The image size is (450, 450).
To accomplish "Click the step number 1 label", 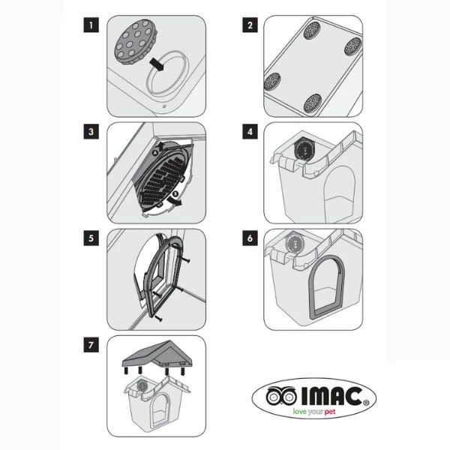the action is click(x=91, y=25).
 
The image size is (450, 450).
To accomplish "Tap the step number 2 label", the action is click(x=250, y=25).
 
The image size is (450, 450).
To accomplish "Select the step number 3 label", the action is click(x=91, y=132).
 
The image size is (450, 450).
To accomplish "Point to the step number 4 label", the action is click(x=250, y=132).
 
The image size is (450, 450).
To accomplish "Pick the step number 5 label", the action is click(x=91, y=238).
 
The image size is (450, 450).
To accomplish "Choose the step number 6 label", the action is click(x=250, y=238).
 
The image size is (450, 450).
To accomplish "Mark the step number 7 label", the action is click(x=91, y=345).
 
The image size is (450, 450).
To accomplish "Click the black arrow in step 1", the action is click(x=157, y=64).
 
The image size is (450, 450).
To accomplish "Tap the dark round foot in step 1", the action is click(x=136, y=41).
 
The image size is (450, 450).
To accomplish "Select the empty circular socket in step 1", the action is click(x=148, y=83).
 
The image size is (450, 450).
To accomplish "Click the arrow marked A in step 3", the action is click(x=161, y=146).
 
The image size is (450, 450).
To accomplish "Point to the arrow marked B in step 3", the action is click(x=175, y=201).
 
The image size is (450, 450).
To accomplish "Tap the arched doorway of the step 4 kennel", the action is click(x=340, y=193).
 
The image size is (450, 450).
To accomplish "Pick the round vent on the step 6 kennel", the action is click(x=294, y=244).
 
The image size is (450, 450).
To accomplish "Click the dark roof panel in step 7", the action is click(x=157, y=354).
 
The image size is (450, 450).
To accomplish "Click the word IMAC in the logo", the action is click(x=331, y=396).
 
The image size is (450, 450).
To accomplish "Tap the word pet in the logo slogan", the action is click(x=330, y=412).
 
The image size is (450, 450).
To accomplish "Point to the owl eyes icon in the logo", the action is click(x=281, y=396).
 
